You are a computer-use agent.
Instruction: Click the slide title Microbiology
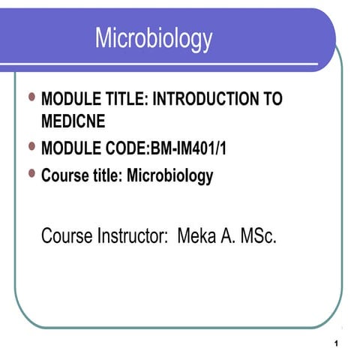[153, 38]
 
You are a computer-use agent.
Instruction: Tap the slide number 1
[340, 344]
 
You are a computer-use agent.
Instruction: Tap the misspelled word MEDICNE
[73, 120]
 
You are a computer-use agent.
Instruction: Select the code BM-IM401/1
[188, 148]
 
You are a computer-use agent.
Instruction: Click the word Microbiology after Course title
[170, 177]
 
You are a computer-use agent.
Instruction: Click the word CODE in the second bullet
[125, 148]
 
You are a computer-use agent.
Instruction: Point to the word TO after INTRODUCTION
[271, 99]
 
